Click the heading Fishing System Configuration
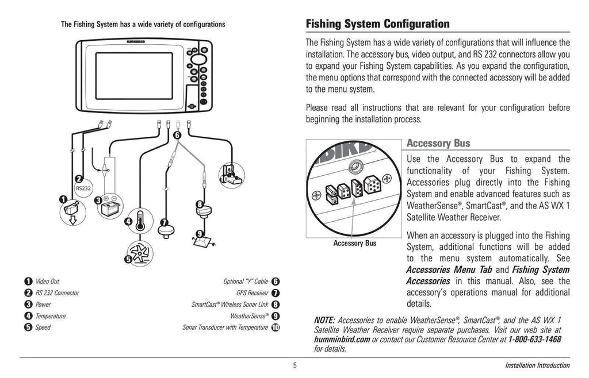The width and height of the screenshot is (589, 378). tap(377, 24)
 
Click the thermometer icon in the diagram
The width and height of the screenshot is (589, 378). tap(139, 220)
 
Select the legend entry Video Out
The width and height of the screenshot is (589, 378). tap(47, 281)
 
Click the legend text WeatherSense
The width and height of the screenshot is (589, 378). tap(249, 316)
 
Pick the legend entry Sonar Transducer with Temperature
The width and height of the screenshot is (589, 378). tap(225, 327)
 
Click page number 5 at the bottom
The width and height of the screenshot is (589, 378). tap(294, 365)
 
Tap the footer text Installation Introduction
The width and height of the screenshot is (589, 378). tap(537, 365)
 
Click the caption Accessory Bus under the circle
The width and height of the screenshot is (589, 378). tap(354, 243)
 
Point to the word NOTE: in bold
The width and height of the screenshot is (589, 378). tap(325, 320)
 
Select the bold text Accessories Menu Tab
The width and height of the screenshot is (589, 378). tap(449, 270)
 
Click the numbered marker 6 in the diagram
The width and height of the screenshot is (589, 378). tap(177, 135)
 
